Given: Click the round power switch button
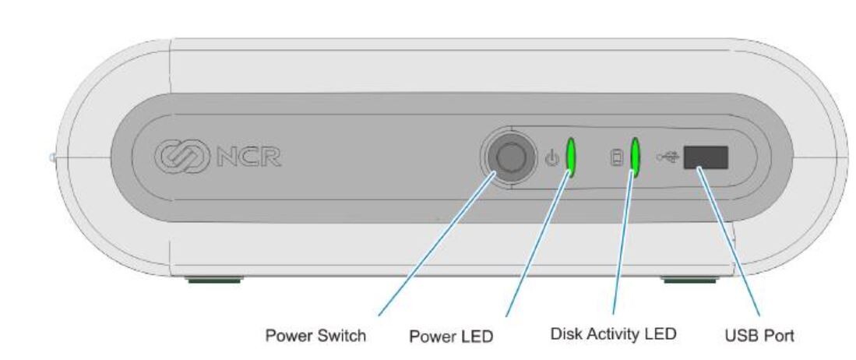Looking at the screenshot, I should coord(509,157).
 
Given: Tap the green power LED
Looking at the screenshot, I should coord(570,157).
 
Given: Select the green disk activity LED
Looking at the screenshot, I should coord(636,157).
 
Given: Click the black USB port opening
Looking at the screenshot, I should coord(706,157).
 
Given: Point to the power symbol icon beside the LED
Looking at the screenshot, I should coord(552,158).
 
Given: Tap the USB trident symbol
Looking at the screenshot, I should coord(668,157).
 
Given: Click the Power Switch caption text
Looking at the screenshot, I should coord(315,336).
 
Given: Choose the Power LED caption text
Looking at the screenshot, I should coord(451,337).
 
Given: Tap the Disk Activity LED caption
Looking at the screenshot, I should coord(613,334).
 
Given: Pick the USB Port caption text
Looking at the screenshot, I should coord(759,336).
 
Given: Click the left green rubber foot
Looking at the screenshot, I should coord(213,278).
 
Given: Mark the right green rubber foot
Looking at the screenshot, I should coord(689,278).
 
